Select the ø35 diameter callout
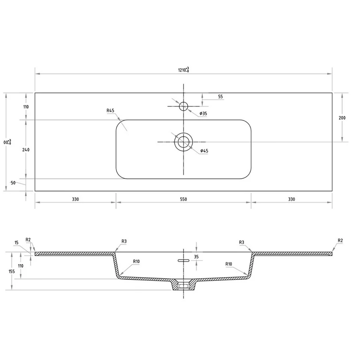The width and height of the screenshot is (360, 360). [x=202, y=114]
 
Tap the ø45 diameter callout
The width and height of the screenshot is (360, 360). [x=204, y=151]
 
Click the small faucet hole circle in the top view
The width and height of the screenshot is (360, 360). [x=184, y=106]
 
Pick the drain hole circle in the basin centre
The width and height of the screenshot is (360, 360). [x=184, y=142]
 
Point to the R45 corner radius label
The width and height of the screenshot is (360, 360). [x=110, y=111]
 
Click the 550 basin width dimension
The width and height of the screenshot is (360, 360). [x=184, y=199]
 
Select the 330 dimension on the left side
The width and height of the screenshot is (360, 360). [x=75, y=199]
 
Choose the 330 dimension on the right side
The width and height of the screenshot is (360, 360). [x=291, y=199]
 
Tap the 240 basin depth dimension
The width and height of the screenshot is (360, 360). [x=26, y=150]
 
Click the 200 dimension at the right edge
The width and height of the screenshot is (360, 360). [x=342, y=118]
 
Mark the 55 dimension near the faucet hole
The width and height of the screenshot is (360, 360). [x=220, y=96]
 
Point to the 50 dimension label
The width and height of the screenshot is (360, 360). [x=13, y=183]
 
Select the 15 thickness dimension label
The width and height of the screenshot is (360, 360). [x=17, y=242]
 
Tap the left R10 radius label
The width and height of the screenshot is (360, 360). [x=137, y=262]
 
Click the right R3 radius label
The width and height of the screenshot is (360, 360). [x=242, y=242]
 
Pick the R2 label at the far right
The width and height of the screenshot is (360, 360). [x=340, y=240]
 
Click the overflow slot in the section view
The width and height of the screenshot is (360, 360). [x=184, y=261]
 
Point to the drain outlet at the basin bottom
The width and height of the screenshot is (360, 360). [x=184, y=286]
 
